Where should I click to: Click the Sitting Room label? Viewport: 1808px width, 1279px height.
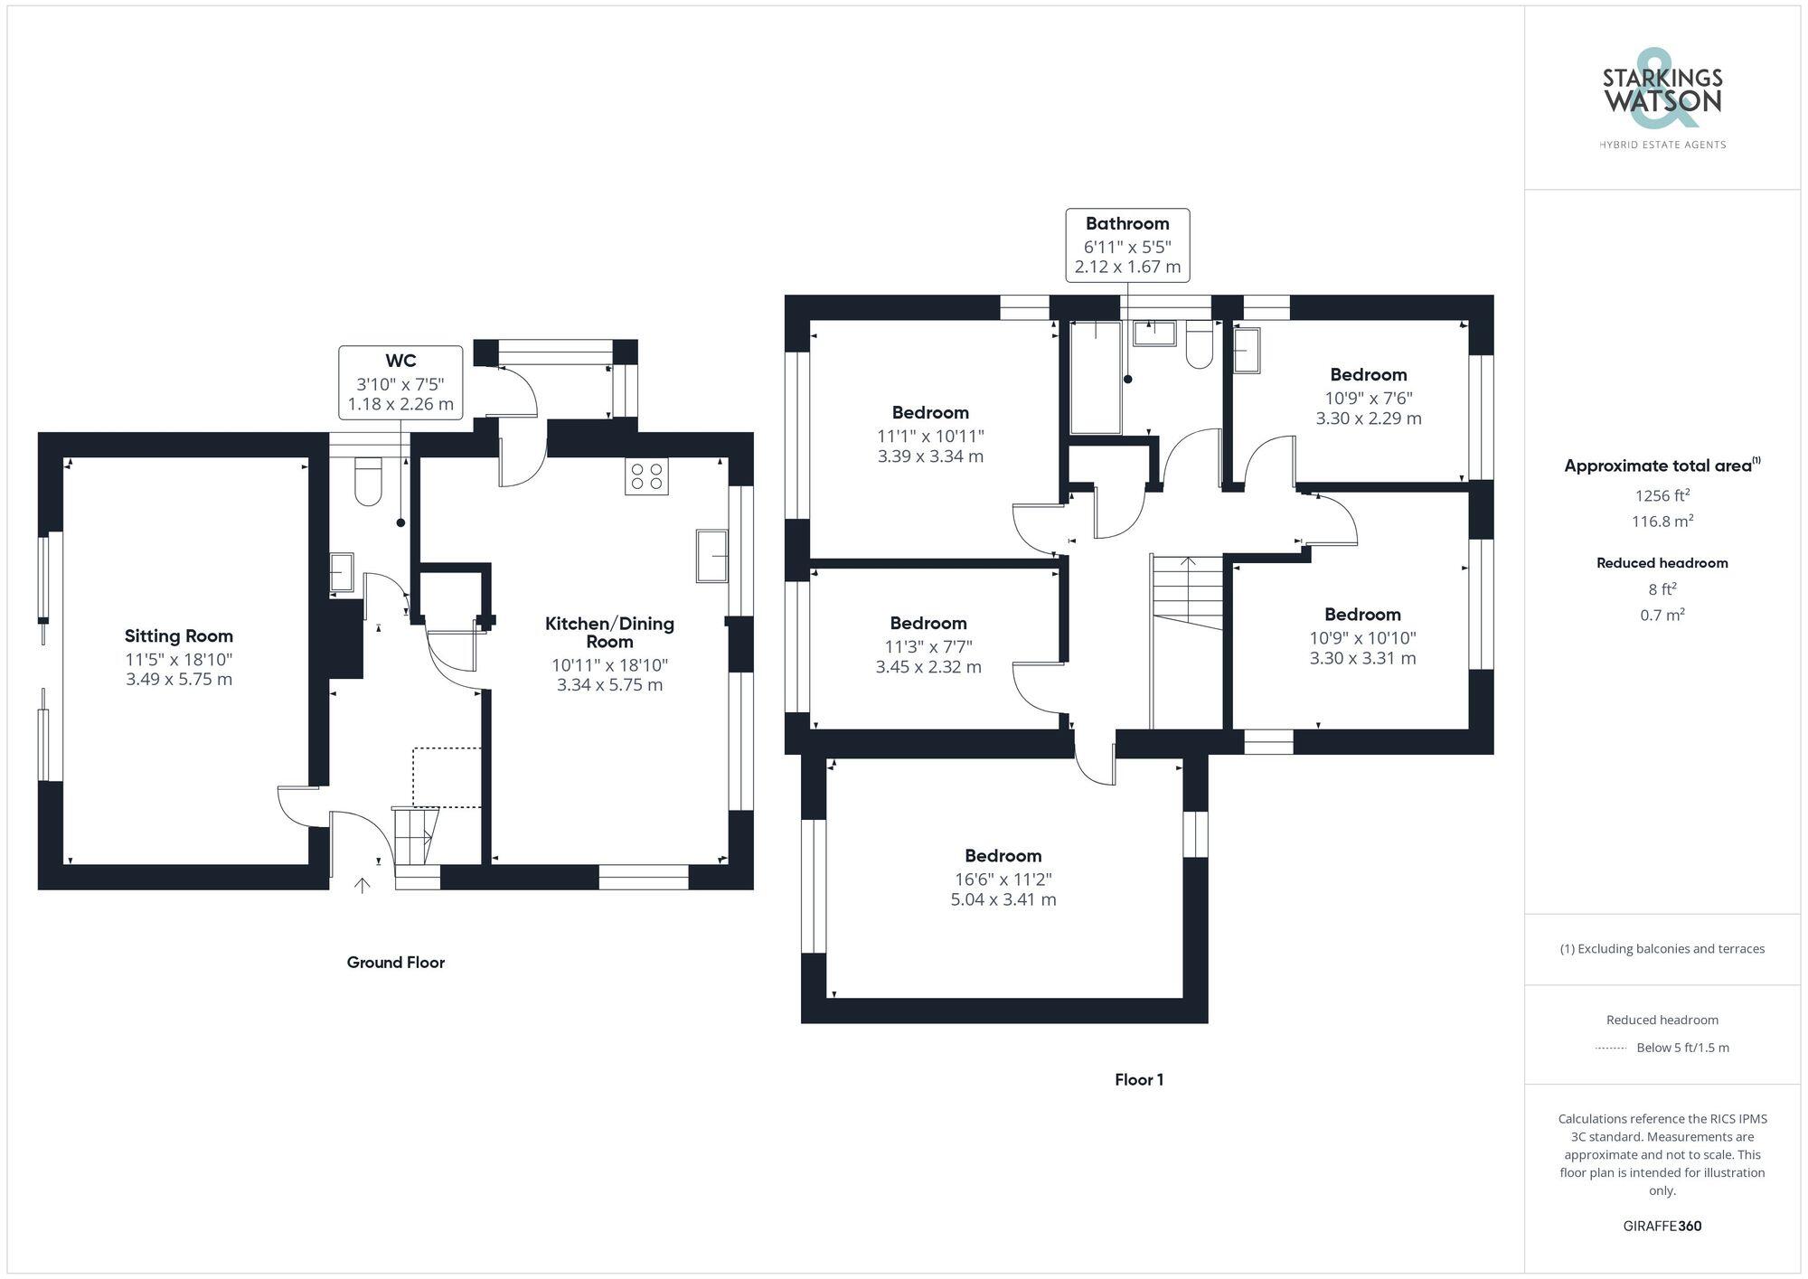pyautogui.click(x=179, y=636)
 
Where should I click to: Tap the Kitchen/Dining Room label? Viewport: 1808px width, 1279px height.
pyautogui.click(x=609, y=632)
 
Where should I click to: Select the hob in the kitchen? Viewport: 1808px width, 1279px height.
pyautogui.click(x=646, y=476)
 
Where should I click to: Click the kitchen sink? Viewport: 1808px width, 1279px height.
pyautogui.click(x=712, y=556)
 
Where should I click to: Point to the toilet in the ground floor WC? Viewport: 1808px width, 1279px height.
pyautogui.click(x=369, y=482)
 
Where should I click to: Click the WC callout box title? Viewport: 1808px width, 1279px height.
pyautogui.click(x=400, y=362)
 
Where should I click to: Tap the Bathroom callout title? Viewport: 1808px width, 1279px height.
pyautogui.click(x=1127, y=223)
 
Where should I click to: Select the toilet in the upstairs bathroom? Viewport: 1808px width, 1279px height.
pyautogui.click(x=1199, y=344)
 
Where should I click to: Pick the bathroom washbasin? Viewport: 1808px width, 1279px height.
pyautogui.click(x=1154, y=333)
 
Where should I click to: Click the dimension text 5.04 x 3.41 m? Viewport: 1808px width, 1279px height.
pyautogui.click(x=1003, y=899)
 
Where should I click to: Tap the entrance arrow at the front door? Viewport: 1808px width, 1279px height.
pyautogui.click(x=362, y=886)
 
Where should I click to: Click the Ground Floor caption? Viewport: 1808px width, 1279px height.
pyautogui.click(x=396, y=963)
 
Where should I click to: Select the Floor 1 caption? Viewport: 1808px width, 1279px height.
pyautogui.click(x=1139, y=1079)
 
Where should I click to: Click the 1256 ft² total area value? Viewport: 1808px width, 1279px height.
pyautogui.click(x=1662, y=495)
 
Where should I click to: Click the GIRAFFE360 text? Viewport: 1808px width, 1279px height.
pyautogui.click(x=1662, y=1226)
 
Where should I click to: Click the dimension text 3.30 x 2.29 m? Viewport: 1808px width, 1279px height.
pyautogui.click(x=1369, y=418)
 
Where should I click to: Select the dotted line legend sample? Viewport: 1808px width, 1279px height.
pyautogui.click(x=1611, y=1049)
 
